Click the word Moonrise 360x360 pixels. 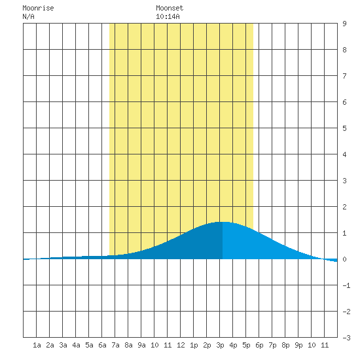coord(38,9)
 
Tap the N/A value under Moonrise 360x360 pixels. coord(28,17)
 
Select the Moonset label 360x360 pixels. coord(170,9)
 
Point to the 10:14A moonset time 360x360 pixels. coord(168,17)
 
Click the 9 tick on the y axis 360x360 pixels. coord(344,24)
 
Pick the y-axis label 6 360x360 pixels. coord(344,102)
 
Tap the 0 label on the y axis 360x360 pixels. coord(344,259)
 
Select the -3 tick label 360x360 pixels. coord(346,338)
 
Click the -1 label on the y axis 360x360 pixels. coord(346,285)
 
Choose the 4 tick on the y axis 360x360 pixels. coord(344,154)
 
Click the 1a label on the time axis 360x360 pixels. coord(37,345)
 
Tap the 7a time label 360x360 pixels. coord(115,345)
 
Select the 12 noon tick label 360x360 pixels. coord(181,345)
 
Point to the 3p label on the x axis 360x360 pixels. coord(220,345)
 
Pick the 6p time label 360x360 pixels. coord(259,345)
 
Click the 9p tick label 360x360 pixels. coord(298,345)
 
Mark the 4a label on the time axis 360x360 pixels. coord(76,345)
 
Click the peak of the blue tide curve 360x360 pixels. coord(223,222)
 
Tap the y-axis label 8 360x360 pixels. coord(344,50)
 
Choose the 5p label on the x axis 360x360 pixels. coord(246,345)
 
